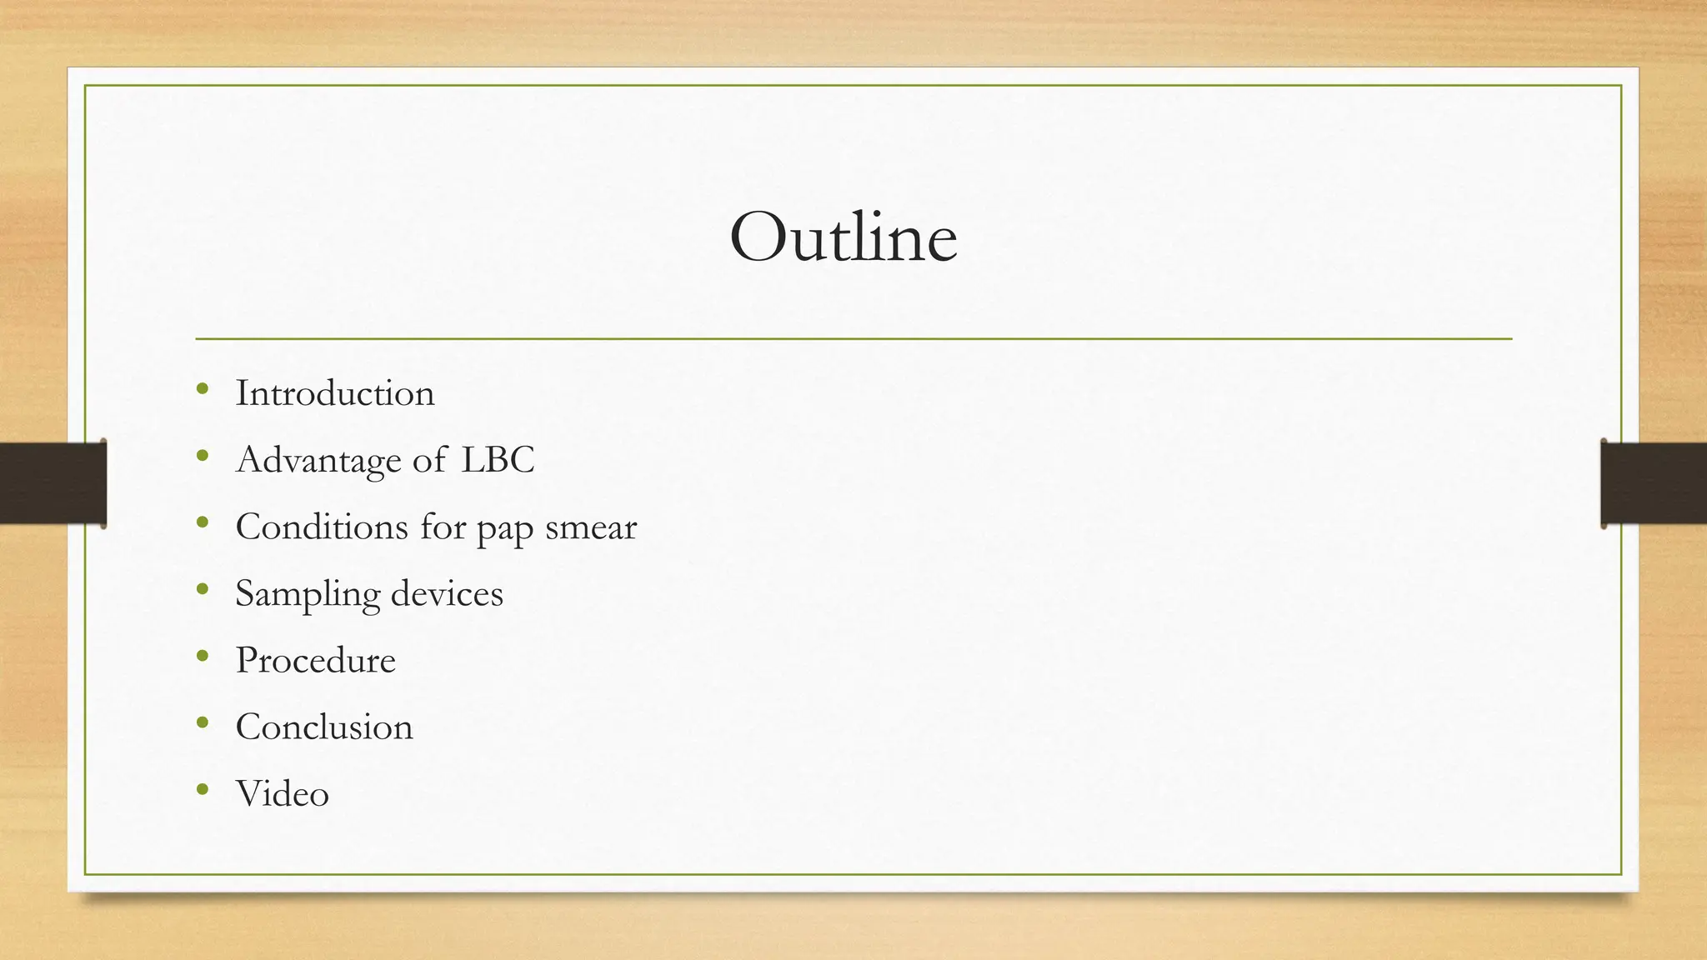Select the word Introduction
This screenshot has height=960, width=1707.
pyautogui.click(x=335, y=393)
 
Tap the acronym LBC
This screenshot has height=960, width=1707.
pyautogui.click(x=498, y=460)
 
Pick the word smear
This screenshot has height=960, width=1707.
pyautogui.click(x=591, y=527)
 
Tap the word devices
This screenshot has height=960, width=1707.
pyautogui.click(x=447, y=593)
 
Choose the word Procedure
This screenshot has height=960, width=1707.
pyautogui.click(x=315, y=660)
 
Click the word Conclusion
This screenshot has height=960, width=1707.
pyautogui.click(x=324, y=727)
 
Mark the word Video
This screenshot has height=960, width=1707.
pyautogui.click(x=282, y=793)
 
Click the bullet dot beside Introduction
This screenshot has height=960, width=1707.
pyautogui.click(x=203, y=388)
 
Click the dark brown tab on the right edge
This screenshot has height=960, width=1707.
pyautogui.click(x=1654, y=483)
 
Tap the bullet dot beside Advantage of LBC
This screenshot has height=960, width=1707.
pyautogui.click(x=203, y=455)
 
